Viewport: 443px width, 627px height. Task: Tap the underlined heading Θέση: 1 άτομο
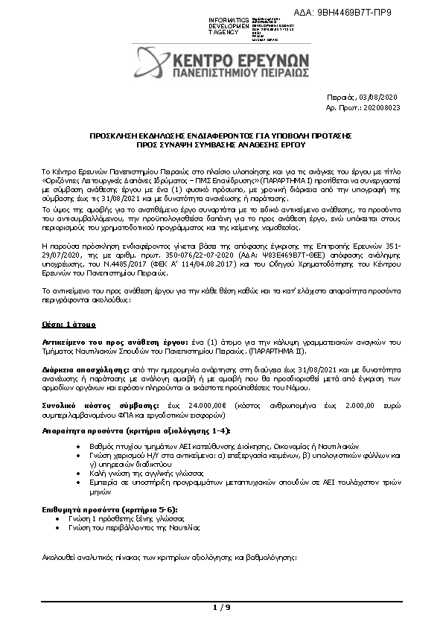pyautogui.click(x=68, y=325)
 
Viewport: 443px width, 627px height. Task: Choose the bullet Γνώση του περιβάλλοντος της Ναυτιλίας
pyautogui.click(x=132, y=526)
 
